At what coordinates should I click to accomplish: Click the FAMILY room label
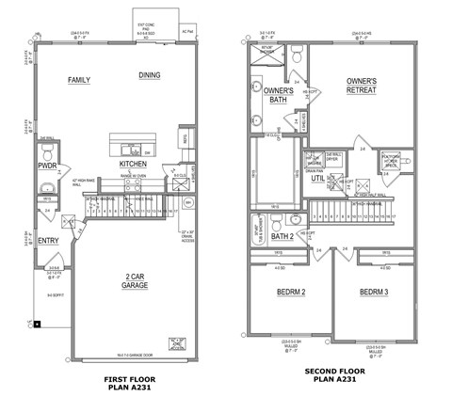(79, 80)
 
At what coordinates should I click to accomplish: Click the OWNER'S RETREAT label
(361, 87)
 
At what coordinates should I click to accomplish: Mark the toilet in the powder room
(48, 150)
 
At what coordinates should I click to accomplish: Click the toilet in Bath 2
(274, 223)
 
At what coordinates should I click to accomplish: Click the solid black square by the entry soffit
(37, 325)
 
